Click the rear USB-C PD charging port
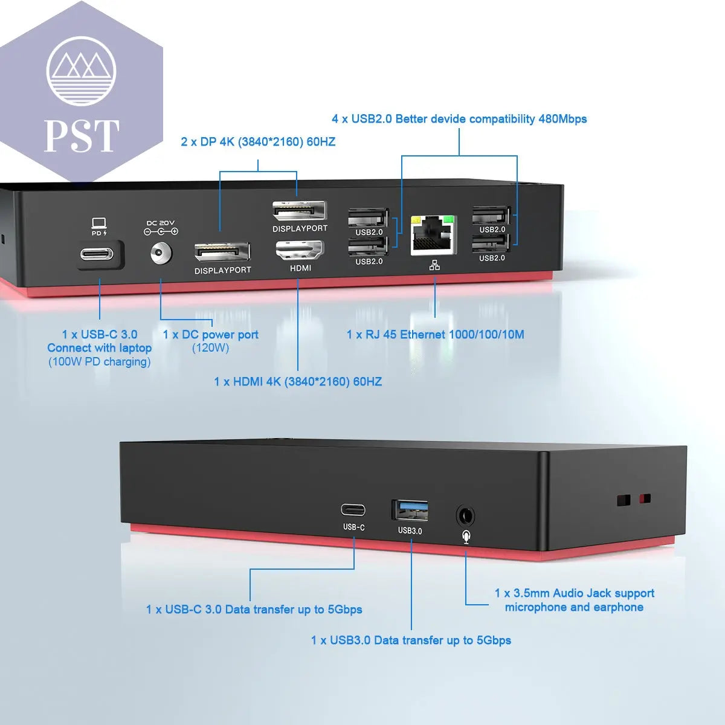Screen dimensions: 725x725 coord(97,253)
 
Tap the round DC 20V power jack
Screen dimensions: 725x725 coord(161,253)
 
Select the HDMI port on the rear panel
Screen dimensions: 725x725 coord(300,250)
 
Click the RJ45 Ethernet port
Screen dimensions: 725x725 coord(433,236)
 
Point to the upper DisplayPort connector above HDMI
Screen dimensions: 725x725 coord(299,212)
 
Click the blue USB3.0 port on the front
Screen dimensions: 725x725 coord(410,511)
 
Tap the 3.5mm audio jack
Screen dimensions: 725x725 coord(465,516)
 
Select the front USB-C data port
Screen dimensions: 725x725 coord(353,510)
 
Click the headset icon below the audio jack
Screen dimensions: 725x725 coord(466,536)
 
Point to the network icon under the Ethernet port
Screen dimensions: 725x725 coord(434,265)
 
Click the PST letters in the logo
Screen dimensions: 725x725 coord(82,136)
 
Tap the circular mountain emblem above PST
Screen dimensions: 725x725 coord(81,71)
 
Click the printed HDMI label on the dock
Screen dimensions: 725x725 coord(300,268)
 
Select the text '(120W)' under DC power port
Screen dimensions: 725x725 coord(210,348)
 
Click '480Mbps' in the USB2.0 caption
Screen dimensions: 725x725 coord(562,119)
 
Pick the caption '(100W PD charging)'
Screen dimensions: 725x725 coord(100,362)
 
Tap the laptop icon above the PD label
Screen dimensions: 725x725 coord(99,223)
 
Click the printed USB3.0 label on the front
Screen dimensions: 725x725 coord(410,530)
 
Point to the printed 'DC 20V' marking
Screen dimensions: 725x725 coord(160,223)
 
